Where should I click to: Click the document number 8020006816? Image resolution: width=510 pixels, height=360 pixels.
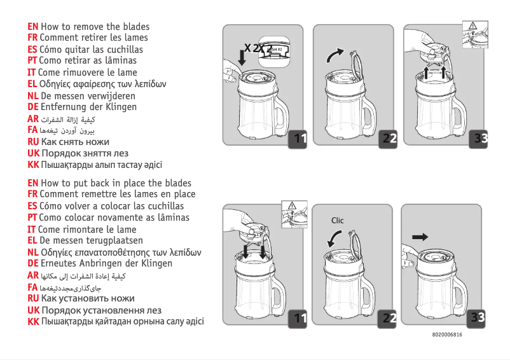coord(447,335)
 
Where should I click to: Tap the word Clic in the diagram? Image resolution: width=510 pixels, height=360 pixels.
coord(337,221)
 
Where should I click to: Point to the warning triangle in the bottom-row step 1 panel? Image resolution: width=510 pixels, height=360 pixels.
coord(293,205)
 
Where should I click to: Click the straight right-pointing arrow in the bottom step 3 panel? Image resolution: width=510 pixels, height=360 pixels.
coord(420,237)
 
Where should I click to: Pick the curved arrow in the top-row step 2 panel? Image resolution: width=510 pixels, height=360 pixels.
coord(334,55)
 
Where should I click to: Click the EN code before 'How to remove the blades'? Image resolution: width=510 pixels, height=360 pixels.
coord(33,27)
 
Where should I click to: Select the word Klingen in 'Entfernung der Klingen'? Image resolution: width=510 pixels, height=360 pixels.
coord(119,107)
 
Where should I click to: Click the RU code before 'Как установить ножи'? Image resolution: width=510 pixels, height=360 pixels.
coord(33,298)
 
